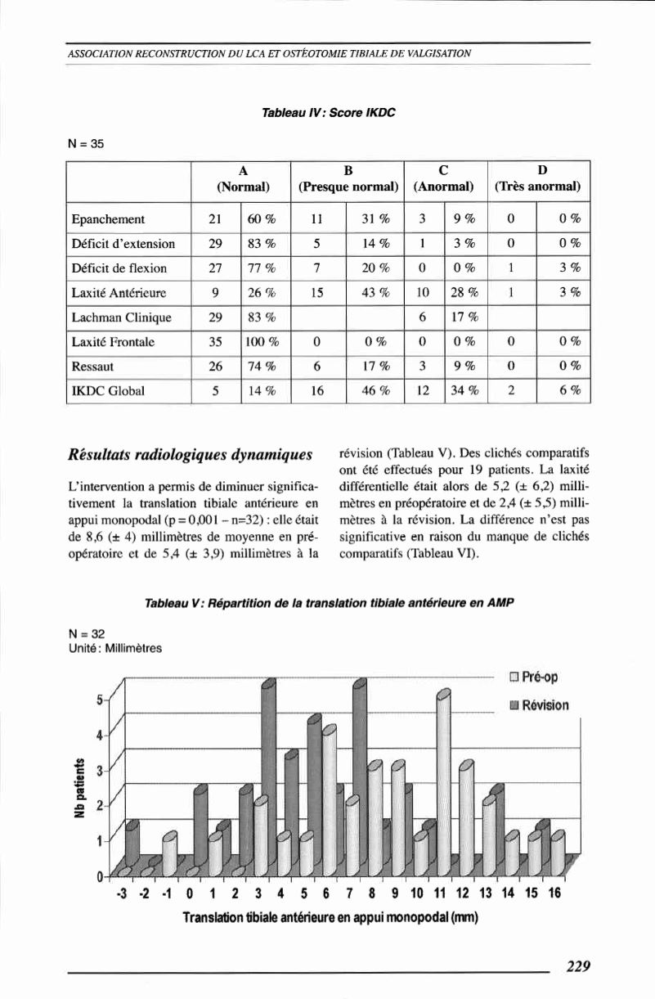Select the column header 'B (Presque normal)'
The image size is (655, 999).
[x=348, y=178]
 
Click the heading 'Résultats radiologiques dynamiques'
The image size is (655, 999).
[x=194, y=452]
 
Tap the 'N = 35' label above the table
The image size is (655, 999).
[x=84, y=145]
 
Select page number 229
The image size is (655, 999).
[x=578, y=965]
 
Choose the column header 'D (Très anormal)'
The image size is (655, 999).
[x=538, y=178]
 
